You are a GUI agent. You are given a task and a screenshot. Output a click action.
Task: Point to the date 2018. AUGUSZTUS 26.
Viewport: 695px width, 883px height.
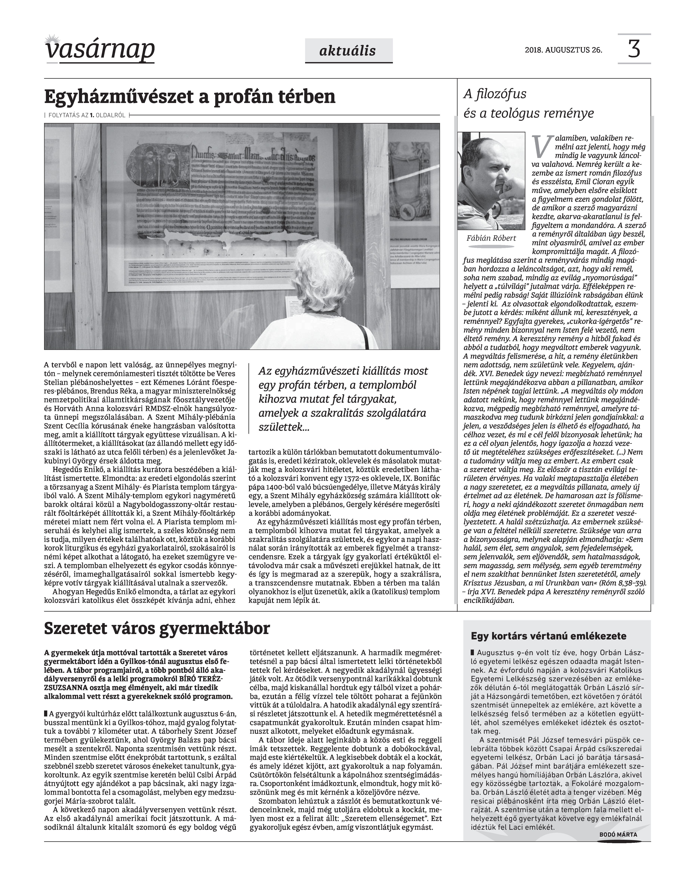point(564,50)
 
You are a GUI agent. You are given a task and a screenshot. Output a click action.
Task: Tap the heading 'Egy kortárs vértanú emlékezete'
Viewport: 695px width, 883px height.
point(549,636)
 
